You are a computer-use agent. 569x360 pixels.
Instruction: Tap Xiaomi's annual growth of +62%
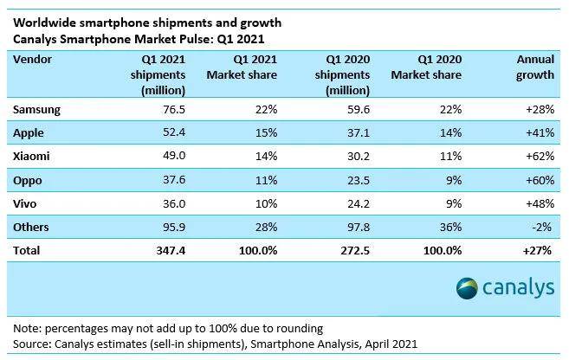pos(539,156)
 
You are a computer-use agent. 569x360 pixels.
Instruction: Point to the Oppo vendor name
pos(29,179)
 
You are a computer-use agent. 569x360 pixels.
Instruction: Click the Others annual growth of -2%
pos(543,226)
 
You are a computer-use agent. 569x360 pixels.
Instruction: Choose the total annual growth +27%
pos(539,249)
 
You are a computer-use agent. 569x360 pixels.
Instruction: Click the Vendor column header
pos(34,60)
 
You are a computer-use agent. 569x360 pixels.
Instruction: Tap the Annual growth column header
pos(535,67)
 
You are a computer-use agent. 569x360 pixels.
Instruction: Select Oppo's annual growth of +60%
pos(539,179)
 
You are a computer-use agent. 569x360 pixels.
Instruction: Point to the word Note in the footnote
pos(28,330)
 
